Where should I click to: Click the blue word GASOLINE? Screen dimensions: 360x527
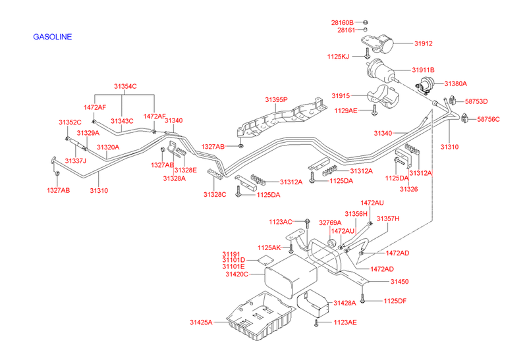coord(52,37)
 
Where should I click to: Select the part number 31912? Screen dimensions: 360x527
coord(423,44)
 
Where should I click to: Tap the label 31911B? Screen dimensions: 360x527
coord(424,70)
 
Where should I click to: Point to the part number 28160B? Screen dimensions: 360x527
coord(342,22)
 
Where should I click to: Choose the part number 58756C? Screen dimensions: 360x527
coord(488,119)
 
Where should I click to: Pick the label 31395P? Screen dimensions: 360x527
coord(276,99)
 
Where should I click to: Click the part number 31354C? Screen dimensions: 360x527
coord(125,86)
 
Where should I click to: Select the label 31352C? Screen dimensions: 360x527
coord(69,122)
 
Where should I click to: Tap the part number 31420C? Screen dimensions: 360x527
coord(235,273)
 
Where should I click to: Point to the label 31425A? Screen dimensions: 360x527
coord(202,322)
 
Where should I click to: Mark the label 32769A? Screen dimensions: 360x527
coord(330,222)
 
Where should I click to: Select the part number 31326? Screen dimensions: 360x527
coord(408,189)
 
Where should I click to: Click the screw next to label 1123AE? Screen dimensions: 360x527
coord(318,323)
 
